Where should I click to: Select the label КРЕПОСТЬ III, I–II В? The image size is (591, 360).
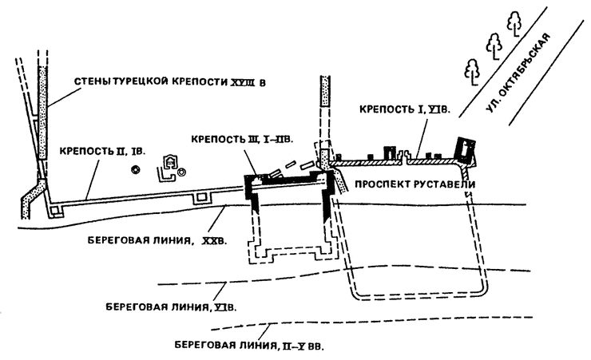(242, 138)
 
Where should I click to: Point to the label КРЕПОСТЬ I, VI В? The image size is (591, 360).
(403, 110)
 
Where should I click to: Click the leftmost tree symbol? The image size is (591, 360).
(472, 72)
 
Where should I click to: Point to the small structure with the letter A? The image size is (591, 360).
(169, 164)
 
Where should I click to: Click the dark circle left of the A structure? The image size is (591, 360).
(137, 169)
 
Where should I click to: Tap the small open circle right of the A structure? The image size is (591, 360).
(183, 171)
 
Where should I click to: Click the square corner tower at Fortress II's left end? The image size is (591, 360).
(55, 209)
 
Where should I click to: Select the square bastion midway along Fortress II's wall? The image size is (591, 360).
(201, 196)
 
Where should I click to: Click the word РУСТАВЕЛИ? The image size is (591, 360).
(444, 184)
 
